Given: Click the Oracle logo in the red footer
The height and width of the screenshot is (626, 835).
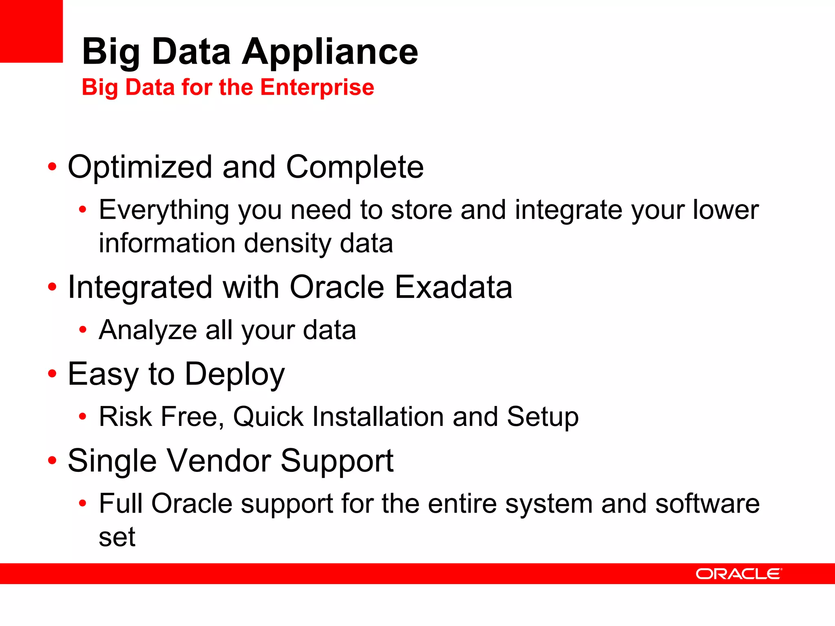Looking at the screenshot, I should [738, 574].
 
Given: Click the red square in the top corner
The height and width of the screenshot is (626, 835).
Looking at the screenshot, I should [31, 31].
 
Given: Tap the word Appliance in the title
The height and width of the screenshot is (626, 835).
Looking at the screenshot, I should [330, 52].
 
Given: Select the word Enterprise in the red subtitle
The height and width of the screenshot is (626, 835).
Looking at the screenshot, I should [317, 87].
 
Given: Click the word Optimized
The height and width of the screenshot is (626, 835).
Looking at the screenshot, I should [140, 167].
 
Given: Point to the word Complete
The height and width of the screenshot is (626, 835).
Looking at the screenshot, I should [355, 167].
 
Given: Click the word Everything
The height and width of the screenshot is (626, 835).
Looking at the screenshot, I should [164, 211].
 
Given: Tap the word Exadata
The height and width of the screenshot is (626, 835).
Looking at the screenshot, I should [453, 287].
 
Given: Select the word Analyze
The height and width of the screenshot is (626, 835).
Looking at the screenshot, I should [148, 330].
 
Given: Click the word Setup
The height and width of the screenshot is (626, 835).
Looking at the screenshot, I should [543, 417].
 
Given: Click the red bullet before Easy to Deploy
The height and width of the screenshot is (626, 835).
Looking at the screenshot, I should [52, 373].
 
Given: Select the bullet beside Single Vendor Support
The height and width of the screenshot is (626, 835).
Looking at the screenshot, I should [52, 460].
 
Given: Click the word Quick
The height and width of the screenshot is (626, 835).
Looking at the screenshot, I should [268, 417].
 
